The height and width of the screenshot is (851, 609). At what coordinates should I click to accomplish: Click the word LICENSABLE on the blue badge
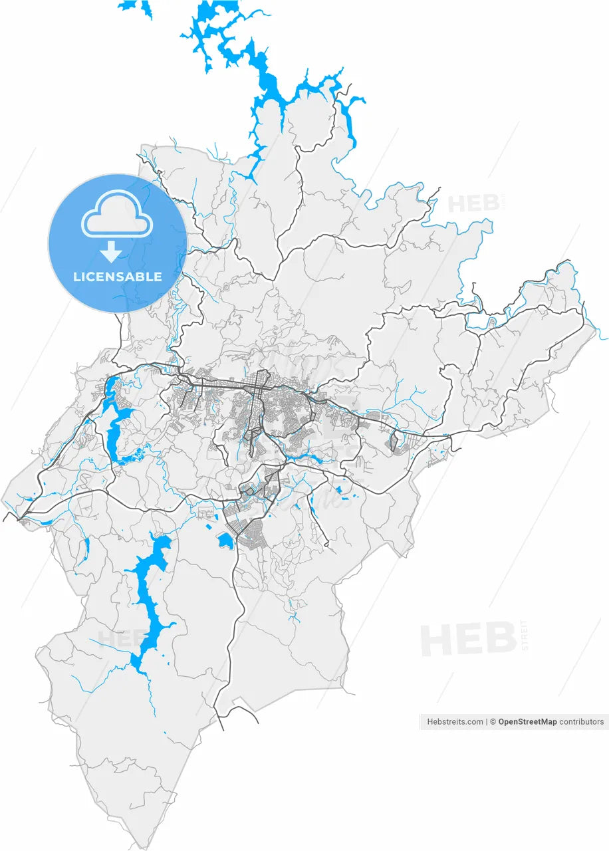117,277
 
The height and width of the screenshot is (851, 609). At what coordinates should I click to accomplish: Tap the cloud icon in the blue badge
117,214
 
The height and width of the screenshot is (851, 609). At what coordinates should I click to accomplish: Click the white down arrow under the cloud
112,252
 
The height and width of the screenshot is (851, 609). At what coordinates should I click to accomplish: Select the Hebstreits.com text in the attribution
455,721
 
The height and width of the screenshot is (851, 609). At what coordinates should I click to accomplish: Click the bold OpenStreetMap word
527,721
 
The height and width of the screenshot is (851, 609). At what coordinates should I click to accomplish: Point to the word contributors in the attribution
582,721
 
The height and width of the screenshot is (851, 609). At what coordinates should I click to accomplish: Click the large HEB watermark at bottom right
468,640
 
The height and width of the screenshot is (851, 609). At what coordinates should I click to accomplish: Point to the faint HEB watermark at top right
473,203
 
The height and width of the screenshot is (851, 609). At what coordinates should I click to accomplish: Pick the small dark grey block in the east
394,442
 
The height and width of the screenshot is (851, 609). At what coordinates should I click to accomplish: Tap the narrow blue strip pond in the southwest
86,548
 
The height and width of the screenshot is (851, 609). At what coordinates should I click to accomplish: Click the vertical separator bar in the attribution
486,721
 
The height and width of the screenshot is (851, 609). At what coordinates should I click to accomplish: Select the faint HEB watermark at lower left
120,638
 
